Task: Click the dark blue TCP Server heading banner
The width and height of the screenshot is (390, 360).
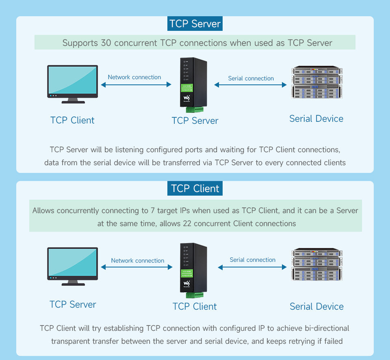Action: click(195, 24)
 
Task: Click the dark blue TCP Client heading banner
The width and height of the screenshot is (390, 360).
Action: click(195, 189)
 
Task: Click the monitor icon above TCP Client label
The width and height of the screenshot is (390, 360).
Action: click(73, 84)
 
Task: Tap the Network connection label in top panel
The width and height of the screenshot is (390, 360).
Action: click(134, 77)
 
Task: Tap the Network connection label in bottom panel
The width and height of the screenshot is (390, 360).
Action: click(138, 261)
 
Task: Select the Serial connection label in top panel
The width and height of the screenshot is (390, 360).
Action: click(251, 78)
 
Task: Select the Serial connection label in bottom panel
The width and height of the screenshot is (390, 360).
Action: click(253, 260)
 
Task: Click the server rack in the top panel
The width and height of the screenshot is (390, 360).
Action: click(316, 82)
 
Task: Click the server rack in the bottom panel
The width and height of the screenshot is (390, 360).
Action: click(316, 264)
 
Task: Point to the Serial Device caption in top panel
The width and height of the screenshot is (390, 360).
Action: click(316, 119)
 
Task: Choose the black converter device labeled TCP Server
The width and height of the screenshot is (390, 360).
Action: click(193, 83)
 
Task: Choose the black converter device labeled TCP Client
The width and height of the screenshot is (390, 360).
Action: click(193, 268)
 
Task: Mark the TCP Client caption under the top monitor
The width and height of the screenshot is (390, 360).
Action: click(72, 121)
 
